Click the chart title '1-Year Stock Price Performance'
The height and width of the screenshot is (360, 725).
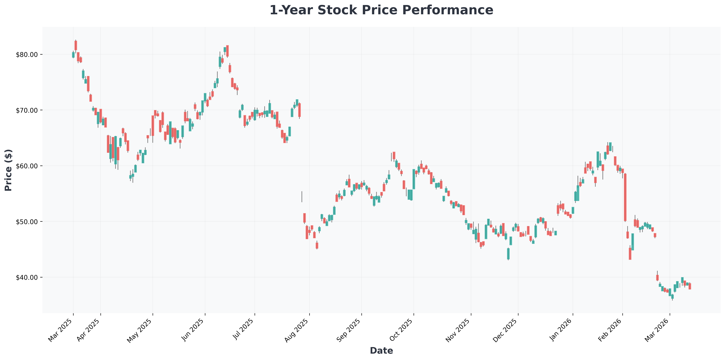click(x=381, y=10)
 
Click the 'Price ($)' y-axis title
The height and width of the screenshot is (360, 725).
click(x=9, y=170)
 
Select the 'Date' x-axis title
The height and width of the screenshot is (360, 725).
click(x=381, y=350)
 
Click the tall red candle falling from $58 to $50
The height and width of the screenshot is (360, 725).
click(x=625, y=197)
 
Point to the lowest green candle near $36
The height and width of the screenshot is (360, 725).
click(x=672, y=297)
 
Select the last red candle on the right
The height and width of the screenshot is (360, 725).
click(x=690, y=286)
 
